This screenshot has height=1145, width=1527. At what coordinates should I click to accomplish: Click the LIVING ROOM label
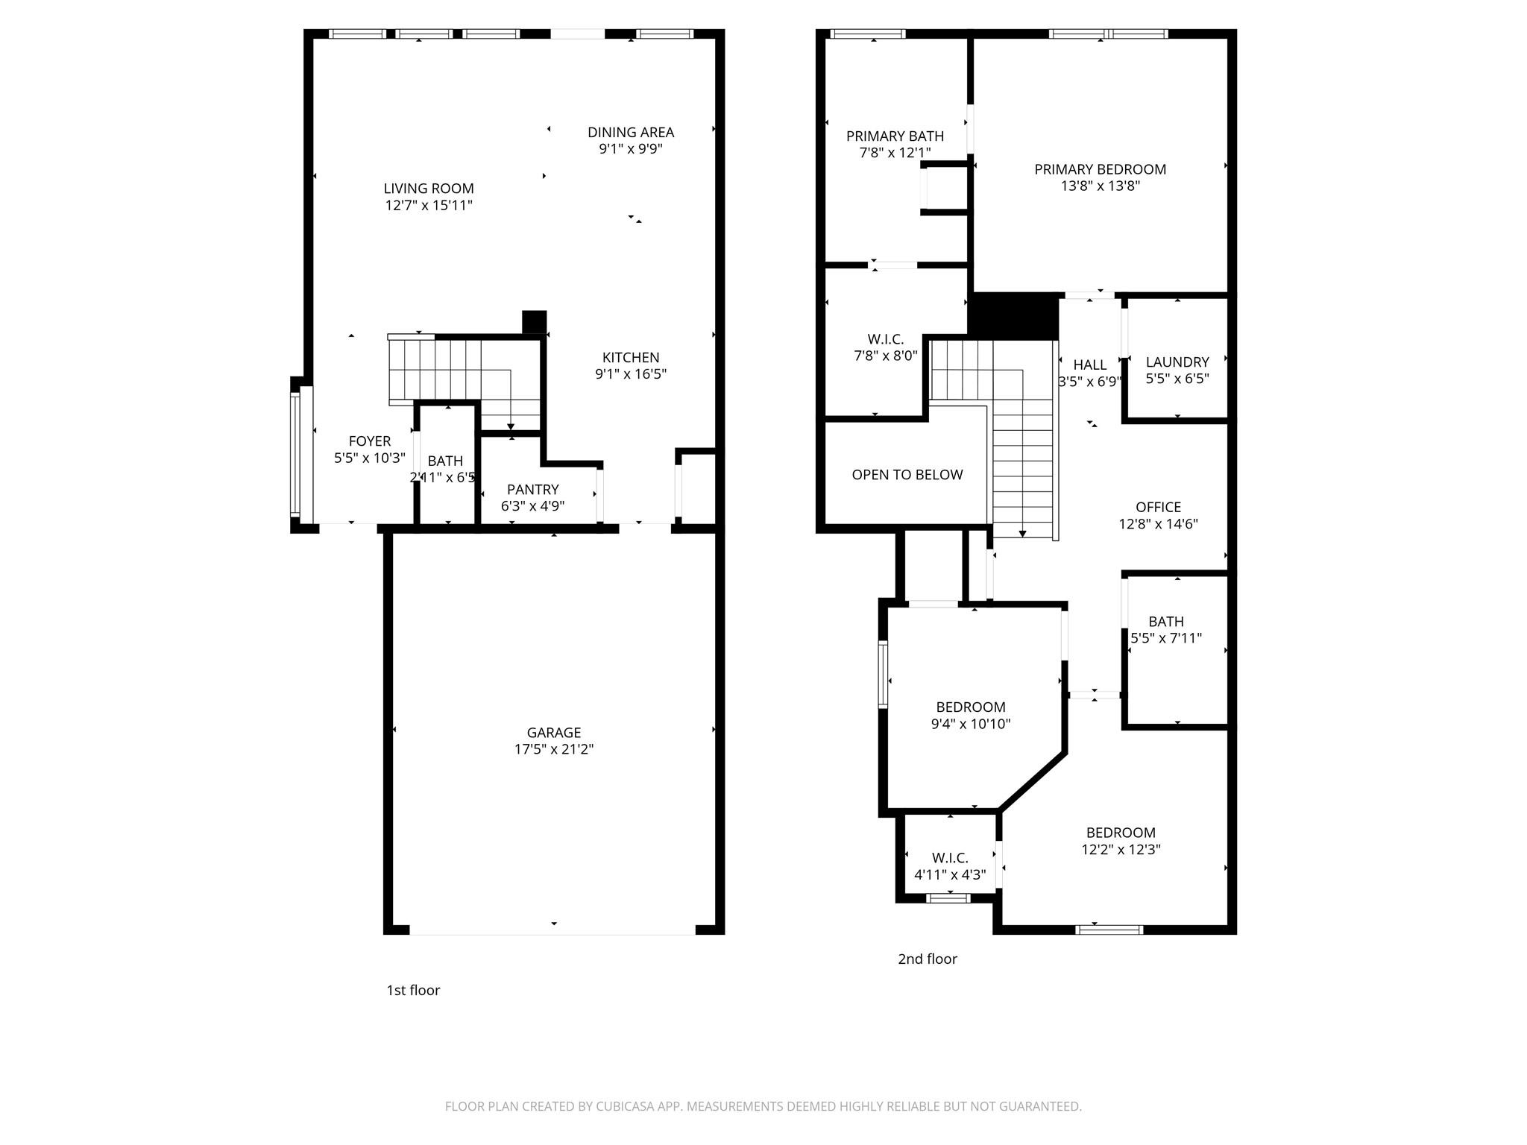429,189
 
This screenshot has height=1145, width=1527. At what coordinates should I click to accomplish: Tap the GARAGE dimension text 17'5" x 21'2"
553,749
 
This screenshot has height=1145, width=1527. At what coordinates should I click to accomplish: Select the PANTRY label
532,489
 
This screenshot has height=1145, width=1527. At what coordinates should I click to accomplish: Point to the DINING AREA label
630,132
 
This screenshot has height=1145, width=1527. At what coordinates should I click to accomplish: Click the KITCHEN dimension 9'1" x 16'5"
630,374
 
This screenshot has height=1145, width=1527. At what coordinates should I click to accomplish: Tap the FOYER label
369,441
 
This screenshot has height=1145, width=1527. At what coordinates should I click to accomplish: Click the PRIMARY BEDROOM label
1100,169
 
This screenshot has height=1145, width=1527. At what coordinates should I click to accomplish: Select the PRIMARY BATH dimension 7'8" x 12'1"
895,153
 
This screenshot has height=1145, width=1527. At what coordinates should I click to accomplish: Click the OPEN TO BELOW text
907,475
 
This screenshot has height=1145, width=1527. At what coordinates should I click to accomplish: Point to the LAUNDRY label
1177,362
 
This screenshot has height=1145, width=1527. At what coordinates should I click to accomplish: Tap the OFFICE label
1158,507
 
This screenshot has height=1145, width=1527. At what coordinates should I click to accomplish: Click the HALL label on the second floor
1089,365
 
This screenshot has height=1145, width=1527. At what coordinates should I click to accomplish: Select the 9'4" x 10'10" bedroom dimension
970,724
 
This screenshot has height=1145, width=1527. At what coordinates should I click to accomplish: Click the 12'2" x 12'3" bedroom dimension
1121,849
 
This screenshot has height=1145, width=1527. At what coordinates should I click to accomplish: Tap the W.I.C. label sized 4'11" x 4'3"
949,858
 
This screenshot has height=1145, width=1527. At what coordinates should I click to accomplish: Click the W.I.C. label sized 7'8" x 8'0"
885,339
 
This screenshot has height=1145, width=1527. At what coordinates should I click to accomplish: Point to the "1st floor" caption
413,990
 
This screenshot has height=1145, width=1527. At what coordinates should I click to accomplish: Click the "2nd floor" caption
927,959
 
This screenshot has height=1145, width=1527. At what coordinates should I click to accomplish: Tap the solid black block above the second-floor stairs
1013,316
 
